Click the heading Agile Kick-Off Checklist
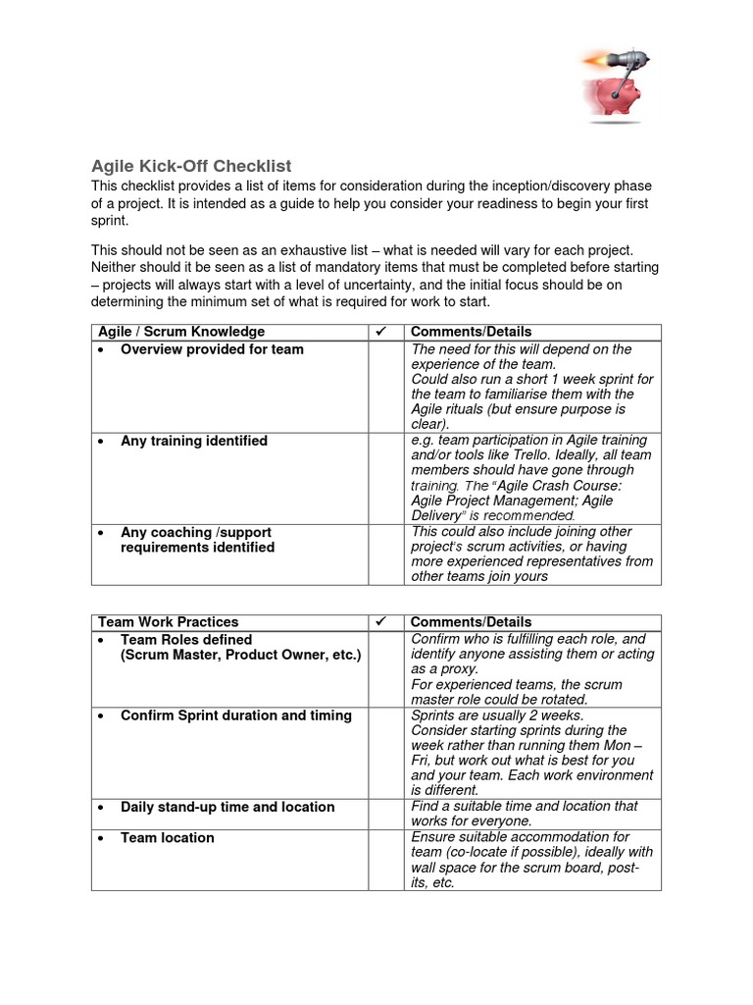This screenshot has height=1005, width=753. [x=191, y=166]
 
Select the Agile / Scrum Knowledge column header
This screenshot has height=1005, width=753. [x=180, y=332]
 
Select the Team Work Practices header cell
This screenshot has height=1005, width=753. [x=168, y=622]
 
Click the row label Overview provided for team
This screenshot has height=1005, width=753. [x=212, y=349]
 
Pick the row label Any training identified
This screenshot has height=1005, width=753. [x=193, y=441]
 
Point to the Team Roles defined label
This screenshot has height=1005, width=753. [x=186, y=639]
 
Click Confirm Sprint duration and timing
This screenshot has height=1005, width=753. [x=235, y=715]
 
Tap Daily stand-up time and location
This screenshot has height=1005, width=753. [x=227, y=807]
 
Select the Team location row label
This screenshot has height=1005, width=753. [x=167, y=837]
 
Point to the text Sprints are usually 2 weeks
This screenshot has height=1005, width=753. [x=497, y=715]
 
